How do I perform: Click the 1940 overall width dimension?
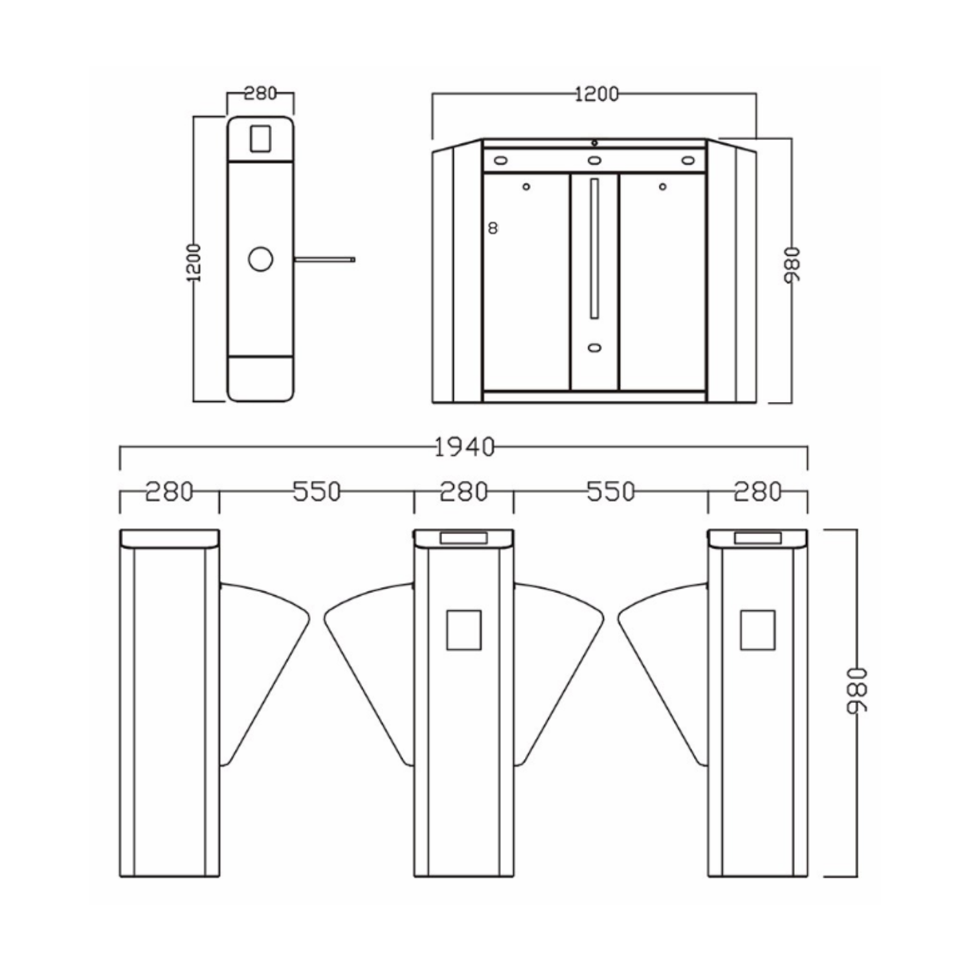(x=463, y=447)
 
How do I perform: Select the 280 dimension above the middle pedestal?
(x=463, y=492)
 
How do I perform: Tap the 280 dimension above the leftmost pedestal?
(x=169, y=492)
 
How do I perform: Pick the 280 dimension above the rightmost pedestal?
(x=758, y=492)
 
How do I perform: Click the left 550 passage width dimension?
(x=317, y=492)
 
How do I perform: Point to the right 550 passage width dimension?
(x=610, y=492)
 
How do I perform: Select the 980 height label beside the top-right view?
(x=792, y=264)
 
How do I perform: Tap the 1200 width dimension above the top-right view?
(x=596, y=94)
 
